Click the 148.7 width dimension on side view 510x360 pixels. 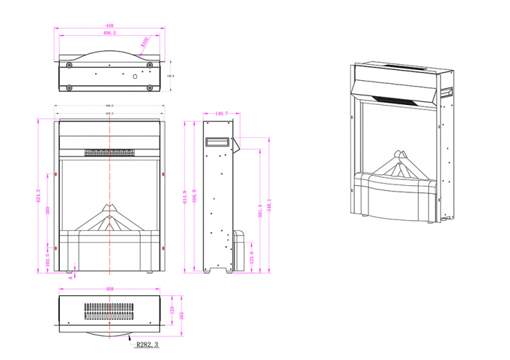click(x=222, y=114)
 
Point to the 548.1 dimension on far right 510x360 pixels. click(x=269, y=206)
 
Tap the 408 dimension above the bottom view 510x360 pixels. click(x=109, y=289)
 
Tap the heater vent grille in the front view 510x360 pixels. click(x=109, y=153)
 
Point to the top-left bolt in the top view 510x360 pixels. click(x=69, y=65)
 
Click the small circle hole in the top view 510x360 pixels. click(x=135, y=76)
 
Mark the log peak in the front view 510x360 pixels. click(x=110, y=206)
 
